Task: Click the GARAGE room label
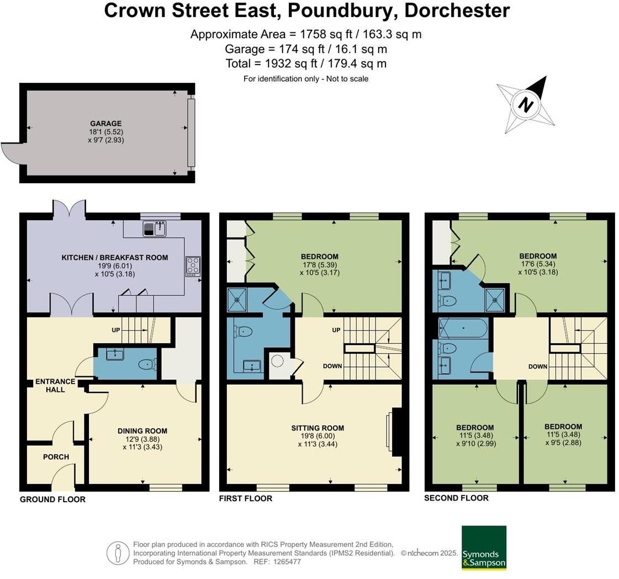point(106,124)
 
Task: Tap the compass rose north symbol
point(526,104)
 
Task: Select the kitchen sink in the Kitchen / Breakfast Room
point(154,228)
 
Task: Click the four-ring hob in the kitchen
point(193,267)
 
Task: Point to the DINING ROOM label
point(142,431)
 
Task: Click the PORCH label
point(56,456)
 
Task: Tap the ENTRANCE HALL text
point(55,385)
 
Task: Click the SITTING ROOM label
point(318,428)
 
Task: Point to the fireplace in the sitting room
point(396,432)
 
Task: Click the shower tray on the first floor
point(237,300)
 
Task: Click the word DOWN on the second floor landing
point(537,366)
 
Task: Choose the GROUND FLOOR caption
point(52,500)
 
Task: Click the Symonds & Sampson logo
point(484,548)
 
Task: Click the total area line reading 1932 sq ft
point(306,63)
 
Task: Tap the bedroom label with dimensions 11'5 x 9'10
point(475,427)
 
